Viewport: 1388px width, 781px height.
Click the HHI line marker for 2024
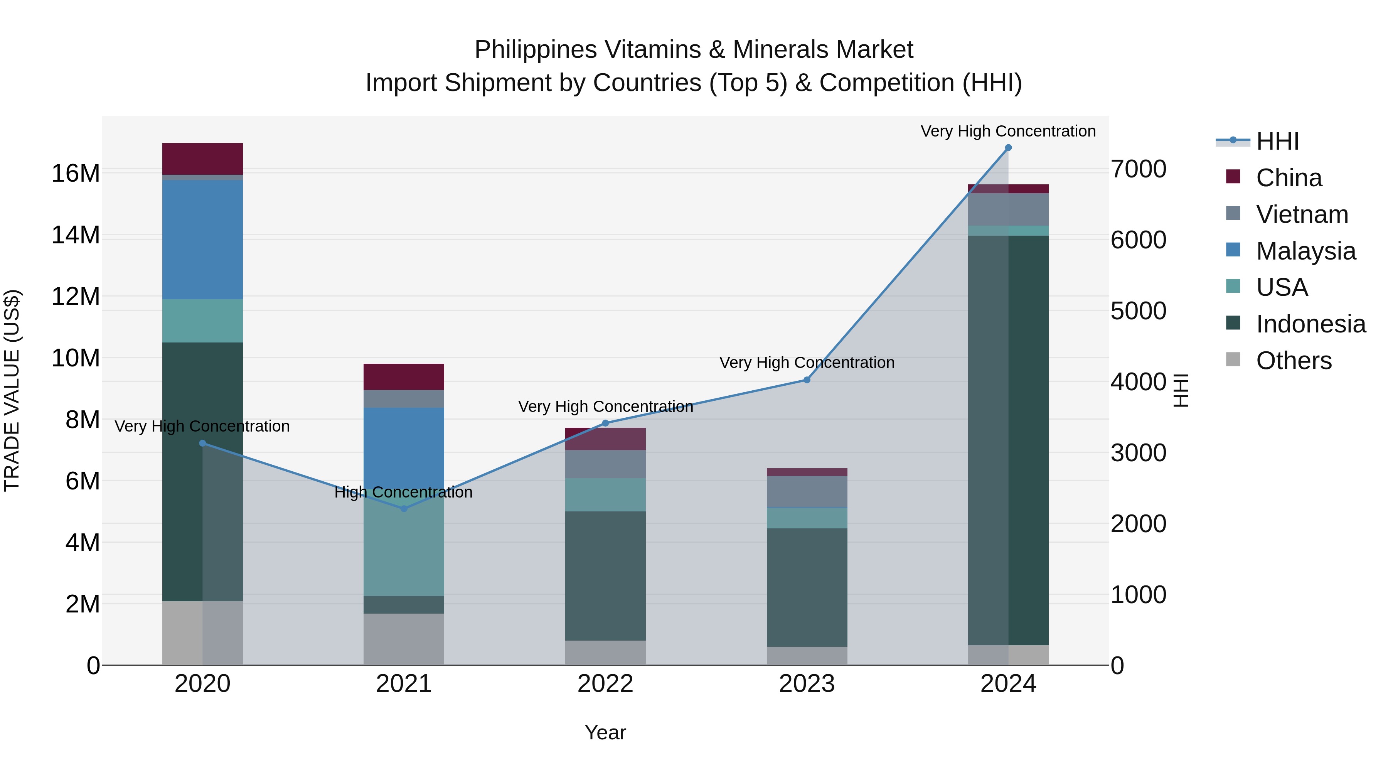[1008, 148]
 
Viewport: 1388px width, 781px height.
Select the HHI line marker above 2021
[404, 509]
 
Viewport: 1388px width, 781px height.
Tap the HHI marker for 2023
[807, 380]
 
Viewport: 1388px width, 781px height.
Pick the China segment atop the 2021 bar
[404, 377]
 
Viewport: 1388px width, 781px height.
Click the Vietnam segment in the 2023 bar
[807, 492]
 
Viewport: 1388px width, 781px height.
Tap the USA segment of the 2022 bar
[605, 495]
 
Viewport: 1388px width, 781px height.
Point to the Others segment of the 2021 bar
[404, 639]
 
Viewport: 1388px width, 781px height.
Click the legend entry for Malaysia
[1305, 251]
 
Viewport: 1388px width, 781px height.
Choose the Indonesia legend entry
[1311, 324]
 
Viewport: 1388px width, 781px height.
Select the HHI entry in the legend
[1277, 141]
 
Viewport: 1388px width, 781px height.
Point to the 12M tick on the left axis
[76, 297]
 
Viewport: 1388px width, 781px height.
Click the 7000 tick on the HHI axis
[1138, 169]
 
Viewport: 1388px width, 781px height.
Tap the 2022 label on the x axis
[605, 684]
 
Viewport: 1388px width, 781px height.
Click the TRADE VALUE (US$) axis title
[12, 390]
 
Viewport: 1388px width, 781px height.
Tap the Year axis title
[605, 732]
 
